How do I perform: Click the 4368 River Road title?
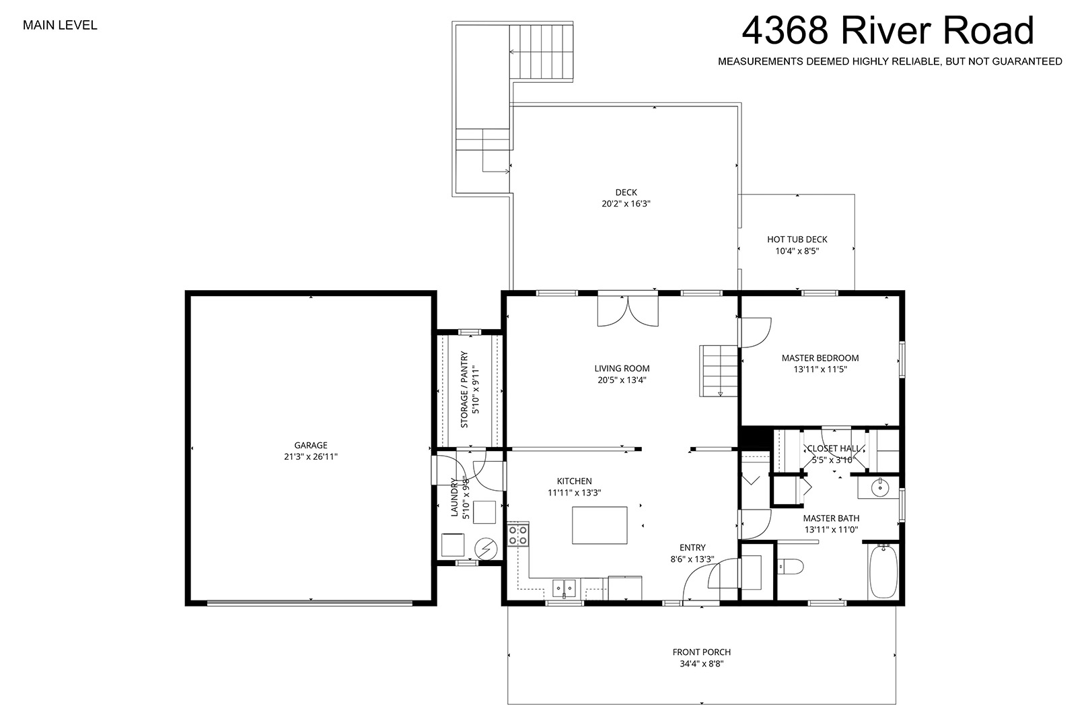pyautogui.click(x=887, y=30)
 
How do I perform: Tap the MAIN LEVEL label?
pyautogui.click(x=60, y=25)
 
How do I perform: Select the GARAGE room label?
pyautogui.click(x=310, y=445)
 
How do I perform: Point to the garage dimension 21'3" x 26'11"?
pyautogui.click(x=310, y=457)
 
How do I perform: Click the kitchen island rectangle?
pyautogui.click(x=599, y=525)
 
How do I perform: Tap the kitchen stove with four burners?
pyautogui.click(x=518, y=534)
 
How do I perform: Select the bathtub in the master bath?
pyautogui.click(x=883, y=572)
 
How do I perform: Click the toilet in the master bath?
pyautogui.click(x=790, y=567)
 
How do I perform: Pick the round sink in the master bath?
pyautogui.click(x=880, y=487)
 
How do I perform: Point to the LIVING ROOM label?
pyautogui.click(x=622, y=369)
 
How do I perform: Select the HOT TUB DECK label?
pyautogui.click(x=797, y=240)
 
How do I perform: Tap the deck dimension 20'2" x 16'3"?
pyautogui.click(x=626, y=204)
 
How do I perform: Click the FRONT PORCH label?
pyautogui.click(x=702, y=652)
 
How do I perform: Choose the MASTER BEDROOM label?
pyautogui.click(x=820, y=358)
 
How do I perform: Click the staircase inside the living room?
pyautogui.click(x=719, y=371)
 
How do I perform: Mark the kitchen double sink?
pyautogui.click(x=564, y=588)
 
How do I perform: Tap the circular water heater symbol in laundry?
pyautogui.click(x=486, y=549)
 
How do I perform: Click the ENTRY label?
pyautogui.click(x=692, y=548)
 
